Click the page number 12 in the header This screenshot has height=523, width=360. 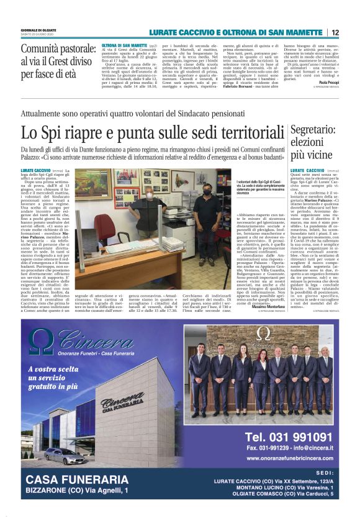pos(335,32)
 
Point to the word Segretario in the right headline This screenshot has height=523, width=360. pos(313,131)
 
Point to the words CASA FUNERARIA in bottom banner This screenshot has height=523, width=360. pos(77,479)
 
